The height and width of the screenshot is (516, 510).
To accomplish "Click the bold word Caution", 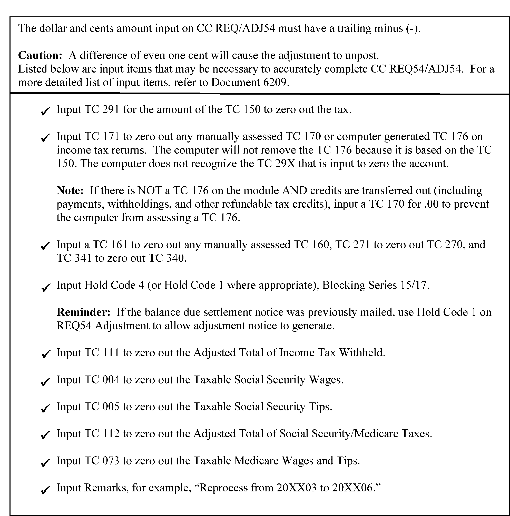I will [x=40, y=55].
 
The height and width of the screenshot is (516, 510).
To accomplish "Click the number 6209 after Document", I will [x=274, y=83].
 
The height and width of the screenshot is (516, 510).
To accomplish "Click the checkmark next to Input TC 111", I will [x=45, y=354].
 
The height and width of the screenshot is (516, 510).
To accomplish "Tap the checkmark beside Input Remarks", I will [x=45, y=490].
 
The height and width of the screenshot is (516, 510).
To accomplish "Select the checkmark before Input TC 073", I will [x=45, y=462].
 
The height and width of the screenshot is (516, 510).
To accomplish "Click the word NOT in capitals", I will [x=150, y=190].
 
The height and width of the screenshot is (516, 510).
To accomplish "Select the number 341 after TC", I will [x=83, y=258].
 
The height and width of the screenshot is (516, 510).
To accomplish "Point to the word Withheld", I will [x=362, y=353].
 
